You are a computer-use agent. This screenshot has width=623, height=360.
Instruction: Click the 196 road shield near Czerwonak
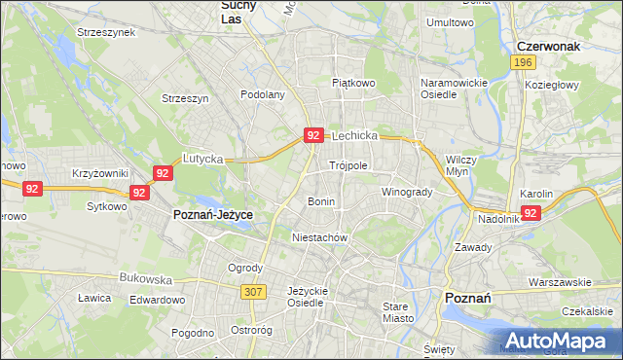[524, 62]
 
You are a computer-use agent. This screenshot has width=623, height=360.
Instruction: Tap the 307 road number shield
[254, 291]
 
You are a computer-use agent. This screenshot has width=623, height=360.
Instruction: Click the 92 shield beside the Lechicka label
[312, 136]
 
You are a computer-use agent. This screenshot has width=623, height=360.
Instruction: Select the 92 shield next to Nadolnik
[531, 212]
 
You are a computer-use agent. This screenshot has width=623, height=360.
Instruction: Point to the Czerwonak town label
[550, 46]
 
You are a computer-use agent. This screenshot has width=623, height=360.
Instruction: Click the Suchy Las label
[233, 11]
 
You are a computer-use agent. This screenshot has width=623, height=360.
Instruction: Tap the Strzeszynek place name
[108, 32]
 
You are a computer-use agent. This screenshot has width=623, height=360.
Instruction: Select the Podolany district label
[263, 94]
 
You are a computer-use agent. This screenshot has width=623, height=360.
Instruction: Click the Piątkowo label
[353, 84]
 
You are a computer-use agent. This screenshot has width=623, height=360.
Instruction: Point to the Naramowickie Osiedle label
[453, 89]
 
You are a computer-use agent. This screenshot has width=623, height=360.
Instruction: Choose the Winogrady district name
[406, 192]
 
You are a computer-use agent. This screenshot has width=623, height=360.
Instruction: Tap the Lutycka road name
[203, 158]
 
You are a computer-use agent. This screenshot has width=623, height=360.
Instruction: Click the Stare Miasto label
[397, 312]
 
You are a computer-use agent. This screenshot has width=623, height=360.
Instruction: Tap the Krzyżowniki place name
[100, 173]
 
